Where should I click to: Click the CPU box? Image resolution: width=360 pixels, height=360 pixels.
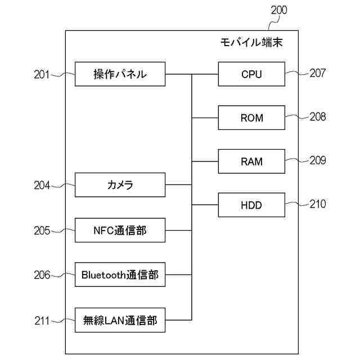(251, 74)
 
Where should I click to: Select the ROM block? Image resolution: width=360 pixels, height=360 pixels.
(251, 118)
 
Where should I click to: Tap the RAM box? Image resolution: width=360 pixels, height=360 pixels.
(251, 162)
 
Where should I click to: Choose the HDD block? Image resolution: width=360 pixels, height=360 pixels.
(251, 205)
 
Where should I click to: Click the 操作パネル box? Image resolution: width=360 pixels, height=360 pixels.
(120, 74)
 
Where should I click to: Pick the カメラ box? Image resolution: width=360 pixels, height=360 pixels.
(120, 185)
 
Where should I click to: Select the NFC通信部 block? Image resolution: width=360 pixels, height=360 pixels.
(120, 229)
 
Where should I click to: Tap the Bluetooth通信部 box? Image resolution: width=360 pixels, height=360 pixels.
(120, 274)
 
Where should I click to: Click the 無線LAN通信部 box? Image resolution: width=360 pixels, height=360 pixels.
(120, 321)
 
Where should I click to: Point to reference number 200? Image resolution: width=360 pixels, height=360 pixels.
(278, 10)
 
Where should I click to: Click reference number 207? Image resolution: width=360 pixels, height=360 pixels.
(317, 73)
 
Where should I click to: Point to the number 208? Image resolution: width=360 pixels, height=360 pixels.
(317, 116)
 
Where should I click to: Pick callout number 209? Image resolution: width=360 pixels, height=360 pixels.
(317, 160)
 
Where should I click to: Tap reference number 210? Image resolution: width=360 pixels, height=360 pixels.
(317, 204)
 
